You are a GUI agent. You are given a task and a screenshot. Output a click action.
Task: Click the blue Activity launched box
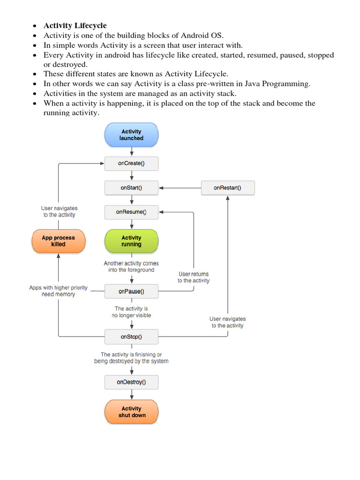pos(131,135)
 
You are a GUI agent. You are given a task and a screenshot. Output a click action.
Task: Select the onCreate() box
pos(131,164)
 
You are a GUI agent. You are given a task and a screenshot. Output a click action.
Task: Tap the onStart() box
pos(131,188)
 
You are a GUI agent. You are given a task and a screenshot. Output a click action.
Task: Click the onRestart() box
pos(227,188)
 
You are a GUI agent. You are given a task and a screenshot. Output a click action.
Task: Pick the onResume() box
pos(131,212)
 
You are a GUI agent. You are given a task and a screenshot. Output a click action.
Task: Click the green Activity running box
pos(131,241)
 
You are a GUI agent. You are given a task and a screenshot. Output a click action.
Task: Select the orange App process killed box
pos(58,241)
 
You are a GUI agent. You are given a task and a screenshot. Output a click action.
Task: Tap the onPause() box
pos(131,291)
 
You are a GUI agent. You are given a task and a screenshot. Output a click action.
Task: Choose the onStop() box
pos(131,336)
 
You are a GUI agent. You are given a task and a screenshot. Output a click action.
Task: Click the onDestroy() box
pos(131,382)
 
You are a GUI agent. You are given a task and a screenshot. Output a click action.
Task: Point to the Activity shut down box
pos(131,412)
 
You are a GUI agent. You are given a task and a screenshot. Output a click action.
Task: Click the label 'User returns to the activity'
pos(194,277)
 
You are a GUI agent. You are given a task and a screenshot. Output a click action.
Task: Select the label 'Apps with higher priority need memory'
pos(58,291)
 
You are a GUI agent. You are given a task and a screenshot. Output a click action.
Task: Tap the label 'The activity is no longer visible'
pos(131,312)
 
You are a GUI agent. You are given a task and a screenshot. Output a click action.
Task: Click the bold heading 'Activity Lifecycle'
pos(75,25)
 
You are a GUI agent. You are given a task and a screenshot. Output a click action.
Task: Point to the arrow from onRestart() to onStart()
pos(180,188)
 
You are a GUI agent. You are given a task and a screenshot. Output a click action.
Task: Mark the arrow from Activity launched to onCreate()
pos(132,151)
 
